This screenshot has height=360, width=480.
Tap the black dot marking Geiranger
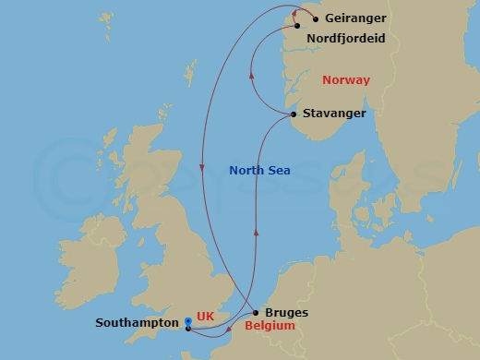pyautogui.click(x=316, y=18)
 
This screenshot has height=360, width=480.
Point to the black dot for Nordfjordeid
pyautogui.click(x=298, y=26)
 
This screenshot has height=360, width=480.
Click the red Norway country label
pyautogui.click(x=346, y=80)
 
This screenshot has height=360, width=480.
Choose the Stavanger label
pyautogui.click(x=334, y=114)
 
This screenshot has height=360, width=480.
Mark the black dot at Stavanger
pyautogui.click(x=294, y=114)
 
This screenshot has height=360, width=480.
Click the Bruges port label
pyautogui.click(x=286, y=313)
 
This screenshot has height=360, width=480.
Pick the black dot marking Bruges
pyautogui.click(x=256, y=313)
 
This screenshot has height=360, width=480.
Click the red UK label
pyautogui.click(x=206, y=316)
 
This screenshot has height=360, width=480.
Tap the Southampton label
pyautogui.click(x=137, y=324)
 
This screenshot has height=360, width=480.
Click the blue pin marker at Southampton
pyautogui.click(x=188, y=322)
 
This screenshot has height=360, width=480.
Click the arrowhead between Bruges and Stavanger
pyautogui.click(x=256, y=233)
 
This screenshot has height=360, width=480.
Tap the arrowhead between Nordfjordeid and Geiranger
pyautogui.click(x=296, y=12)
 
